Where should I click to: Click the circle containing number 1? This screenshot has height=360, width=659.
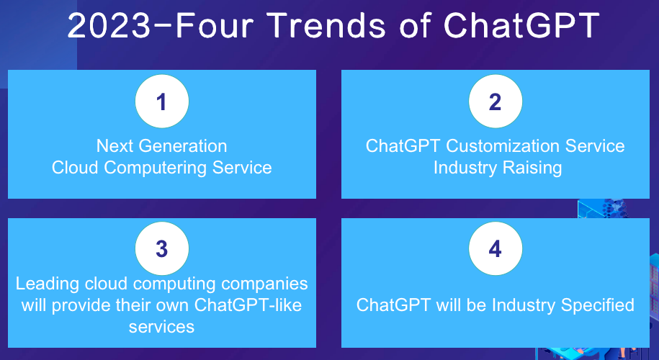161,102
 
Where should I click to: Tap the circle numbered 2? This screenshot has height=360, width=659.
495,102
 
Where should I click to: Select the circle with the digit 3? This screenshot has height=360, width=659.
161,249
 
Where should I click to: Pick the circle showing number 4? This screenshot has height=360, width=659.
495,249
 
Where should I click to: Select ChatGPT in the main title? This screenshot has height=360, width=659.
521,27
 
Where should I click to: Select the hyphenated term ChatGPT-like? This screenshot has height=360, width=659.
248,305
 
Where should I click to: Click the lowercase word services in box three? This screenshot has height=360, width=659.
161,326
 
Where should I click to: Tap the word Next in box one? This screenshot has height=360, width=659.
114,146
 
